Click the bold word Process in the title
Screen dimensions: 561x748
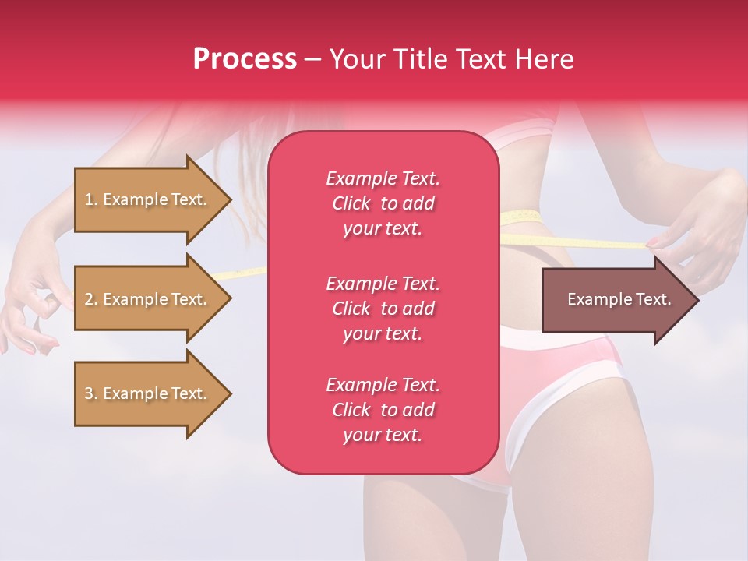click(x=245, y=59)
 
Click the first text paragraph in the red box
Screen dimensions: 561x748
click(x=383, y=203)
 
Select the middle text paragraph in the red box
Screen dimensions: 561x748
click(x=383, y=309)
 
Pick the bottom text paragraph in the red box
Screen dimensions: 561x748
click(x=383, y=410)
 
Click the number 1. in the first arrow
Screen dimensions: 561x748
click(x=91, y=199)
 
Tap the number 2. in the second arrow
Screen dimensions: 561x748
click(x=91, y=299)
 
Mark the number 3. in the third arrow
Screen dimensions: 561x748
click(x=91, y=393)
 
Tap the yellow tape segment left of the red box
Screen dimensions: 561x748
click(x=242, y=273)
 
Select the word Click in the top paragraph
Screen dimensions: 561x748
click(x=351, y=203)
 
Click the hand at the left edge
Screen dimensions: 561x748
click(x=27, y=304)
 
